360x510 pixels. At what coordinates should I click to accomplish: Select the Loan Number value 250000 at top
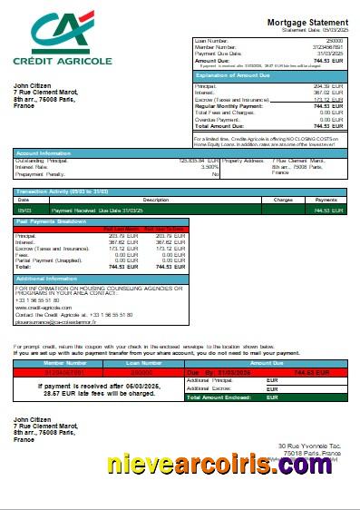335,41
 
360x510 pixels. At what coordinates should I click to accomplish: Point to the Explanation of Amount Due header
235,74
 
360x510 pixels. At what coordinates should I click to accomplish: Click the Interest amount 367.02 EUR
328,92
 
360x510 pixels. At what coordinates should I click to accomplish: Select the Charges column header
282,199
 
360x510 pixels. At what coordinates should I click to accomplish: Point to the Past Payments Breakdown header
52,221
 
